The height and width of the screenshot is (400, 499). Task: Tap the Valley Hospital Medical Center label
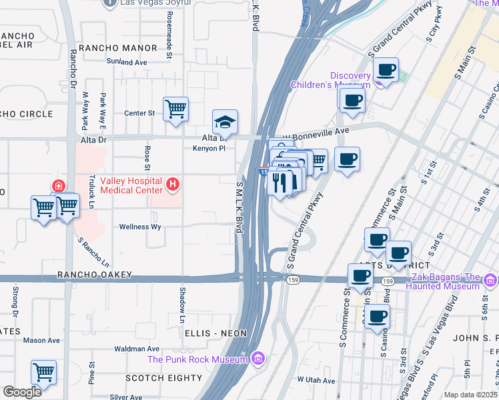[x=131, y=185]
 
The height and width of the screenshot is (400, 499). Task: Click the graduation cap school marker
[x=225, y=123]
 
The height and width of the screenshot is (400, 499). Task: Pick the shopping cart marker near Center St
[x=175, y=109]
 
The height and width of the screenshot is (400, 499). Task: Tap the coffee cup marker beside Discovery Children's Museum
[x=386, y=69]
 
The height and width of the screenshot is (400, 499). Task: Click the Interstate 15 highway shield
[x=264, y=171]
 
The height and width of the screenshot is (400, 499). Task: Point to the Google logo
[x=22, y=392]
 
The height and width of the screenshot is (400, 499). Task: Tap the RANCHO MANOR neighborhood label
[x=117, y=48]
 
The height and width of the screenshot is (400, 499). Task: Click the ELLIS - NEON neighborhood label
[x=207, y=333]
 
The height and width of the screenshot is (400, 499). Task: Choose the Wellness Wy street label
[x=140, y=227]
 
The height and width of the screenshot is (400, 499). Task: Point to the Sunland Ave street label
[x=126, y=62]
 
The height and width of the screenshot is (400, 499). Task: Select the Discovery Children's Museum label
[x=332, y=79]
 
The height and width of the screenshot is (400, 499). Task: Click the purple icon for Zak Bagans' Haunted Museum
[x=491, y=279]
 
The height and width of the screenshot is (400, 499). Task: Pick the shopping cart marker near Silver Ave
[x=43, y=372]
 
